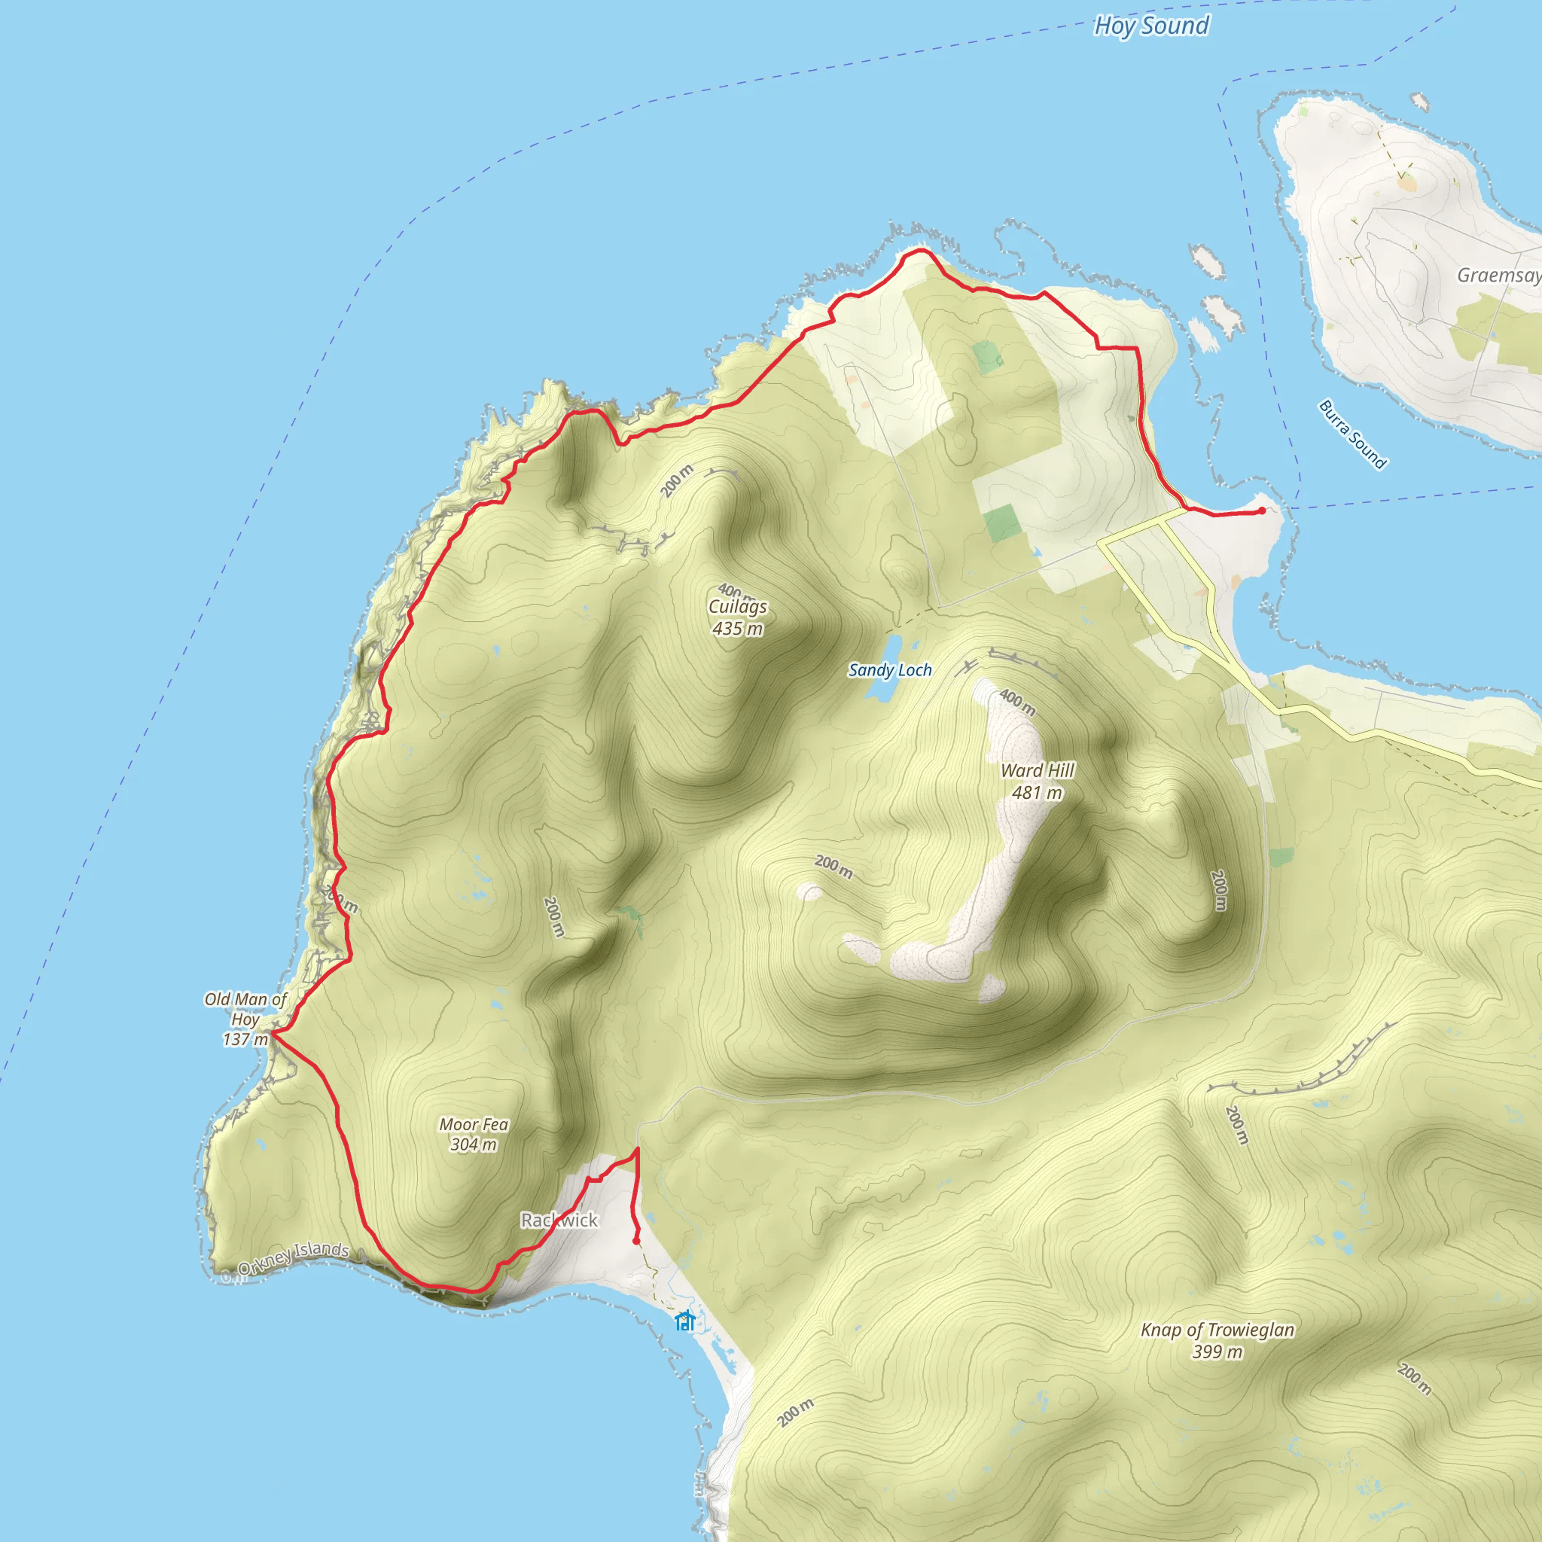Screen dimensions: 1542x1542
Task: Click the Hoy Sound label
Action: click(x=1151, y=26)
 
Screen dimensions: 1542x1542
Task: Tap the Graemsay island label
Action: click(x=1498, y=276)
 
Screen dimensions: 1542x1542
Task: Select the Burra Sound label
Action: click(x=1352, y=434)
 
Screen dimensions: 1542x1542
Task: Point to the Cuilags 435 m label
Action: click(x=737, y=617)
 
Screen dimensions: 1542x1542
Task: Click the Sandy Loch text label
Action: click(x=890, y=670)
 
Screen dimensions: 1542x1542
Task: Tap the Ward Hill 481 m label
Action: click(x=1038, y=782)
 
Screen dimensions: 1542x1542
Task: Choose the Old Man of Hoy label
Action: click(x=245, y=1019)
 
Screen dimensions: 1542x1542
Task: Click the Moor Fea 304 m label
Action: click(x=474, y=1134)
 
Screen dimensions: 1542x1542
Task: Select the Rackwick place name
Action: click(x=559, y=1220)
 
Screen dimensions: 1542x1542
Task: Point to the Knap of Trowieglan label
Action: click(x=1217, y=1340)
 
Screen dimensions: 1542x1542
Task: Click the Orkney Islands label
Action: click(x=293, y=1259)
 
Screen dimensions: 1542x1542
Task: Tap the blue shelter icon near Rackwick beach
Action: click(x=684, y=1321)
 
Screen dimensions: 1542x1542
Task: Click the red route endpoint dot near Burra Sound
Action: click(x=1261, y=510)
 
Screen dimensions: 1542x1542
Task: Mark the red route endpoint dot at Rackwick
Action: click(x=636, y=1241)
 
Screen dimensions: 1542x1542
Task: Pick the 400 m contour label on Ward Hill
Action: click(x=1018, y=702)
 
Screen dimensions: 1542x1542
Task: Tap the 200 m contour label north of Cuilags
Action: click(x=677, y=480)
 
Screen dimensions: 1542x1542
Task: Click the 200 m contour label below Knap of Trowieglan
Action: click(x=1413, y=1379)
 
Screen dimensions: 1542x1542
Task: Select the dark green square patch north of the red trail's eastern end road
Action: click(x=1002, y=523)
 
